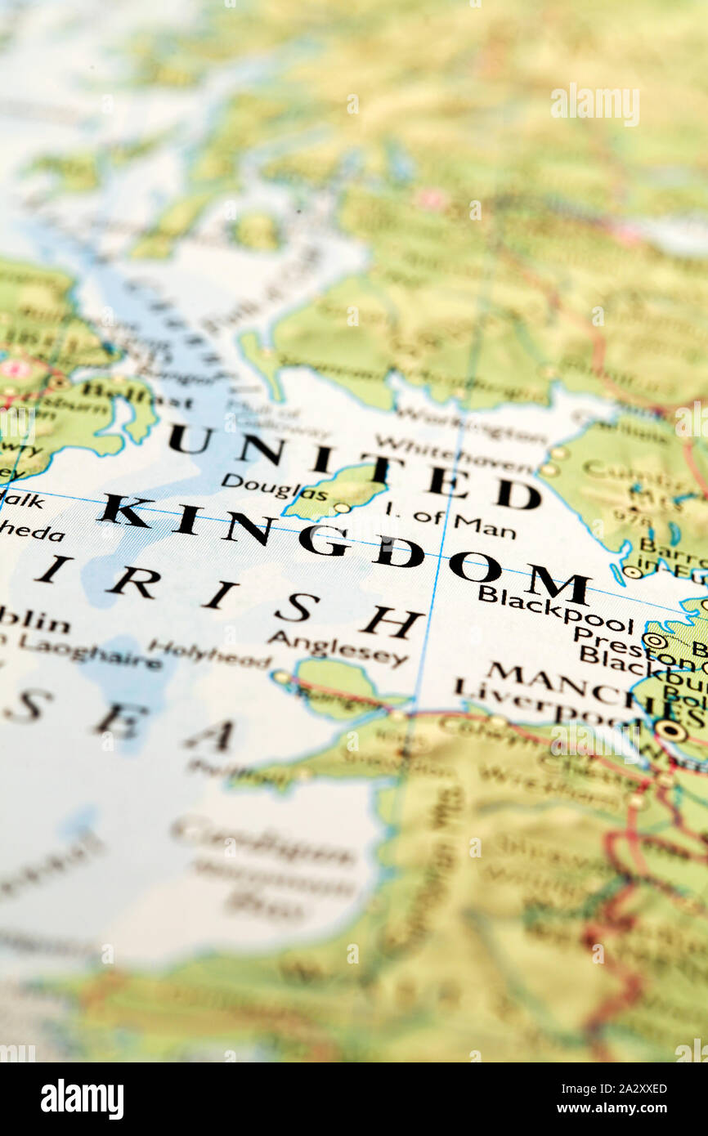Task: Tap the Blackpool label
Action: point(556,608)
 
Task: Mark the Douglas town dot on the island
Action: point(341,508)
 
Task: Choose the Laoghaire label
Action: point(89,651)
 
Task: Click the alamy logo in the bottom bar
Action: point(83,1099)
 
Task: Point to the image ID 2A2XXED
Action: point(628,1089)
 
